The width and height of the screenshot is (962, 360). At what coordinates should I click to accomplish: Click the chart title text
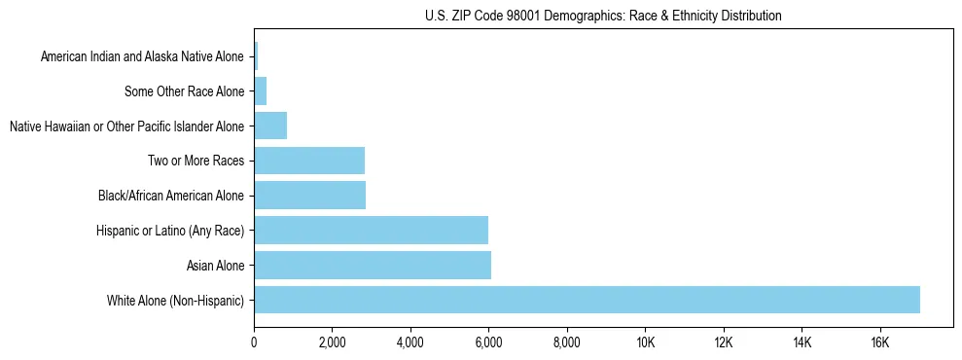pyautogui.click(x=603, y=16)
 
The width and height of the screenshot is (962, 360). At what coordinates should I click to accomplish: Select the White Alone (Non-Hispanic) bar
pyautogui.click(x=587, y=300)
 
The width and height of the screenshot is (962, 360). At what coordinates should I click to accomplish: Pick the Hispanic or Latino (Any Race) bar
pyautogui.click(x=371, y=230)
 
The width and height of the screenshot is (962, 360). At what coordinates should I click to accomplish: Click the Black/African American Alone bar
pyautogui.click(x=309, y=196)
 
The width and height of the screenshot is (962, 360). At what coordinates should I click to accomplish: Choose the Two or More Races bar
pyautogui.click(x=309, y=161)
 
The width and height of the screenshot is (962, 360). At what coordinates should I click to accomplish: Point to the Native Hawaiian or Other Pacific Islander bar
pyautogui.click(x=270, y=126)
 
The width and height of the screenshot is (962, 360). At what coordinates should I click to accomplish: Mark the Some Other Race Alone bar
pyautogui.click(x=260, y=91)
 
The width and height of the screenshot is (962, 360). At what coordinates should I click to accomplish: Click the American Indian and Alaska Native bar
pyautogui.click(x=256, y=56)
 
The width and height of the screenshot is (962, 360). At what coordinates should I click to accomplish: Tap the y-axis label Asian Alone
pyautogui.click(x=216, y=265)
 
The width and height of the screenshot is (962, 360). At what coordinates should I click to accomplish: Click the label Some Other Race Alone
pyautogui.click(x=185, y=91)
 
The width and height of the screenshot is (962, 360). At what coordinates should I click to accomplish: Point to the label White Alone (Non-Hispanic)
pyautogui.click(x=176, y=300)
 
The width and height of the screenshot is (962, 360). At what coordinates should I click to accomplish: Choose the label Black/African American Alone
pyautogui.click(x=171, y=196)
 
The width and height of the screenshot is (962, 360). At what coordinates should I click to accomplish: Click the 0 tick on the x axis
pyautogui.click(x=254, y=342)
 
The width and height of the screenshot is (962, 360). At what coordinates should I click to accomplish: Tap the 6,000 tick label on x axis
pyautogui.click(x=488, y=342)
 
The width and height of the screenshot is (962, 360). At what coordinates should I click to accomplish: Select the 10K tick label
pyautogui.click(x=645, y=342)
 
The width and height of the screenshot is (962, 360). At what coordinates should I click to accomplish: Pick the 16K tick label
pyautogui.click(x=879, y=342)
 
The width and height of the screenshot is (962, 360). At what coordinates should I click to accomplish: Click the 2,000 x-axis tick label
pyautogui.click(x=332, y=342)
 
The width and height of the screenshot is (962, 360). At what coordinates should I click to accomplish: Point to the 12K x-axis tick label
pyautogui.click(x=723, y=342)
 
